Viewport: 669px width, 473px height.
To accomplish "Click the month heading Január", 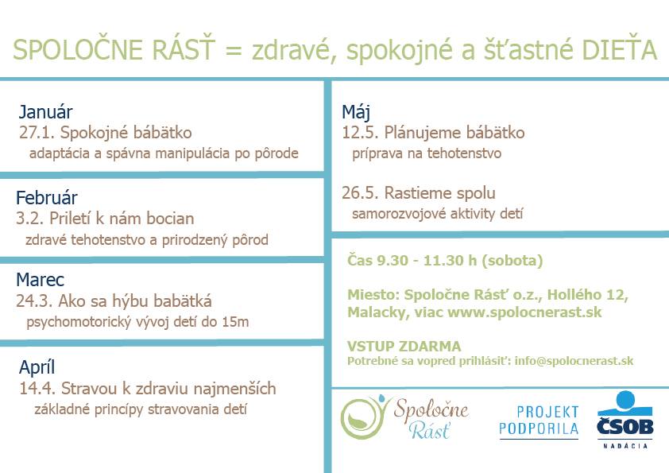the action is pyautogui.click(x=45, y=112).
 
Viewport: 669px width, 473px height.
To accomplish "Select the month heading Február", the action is pyautogui.click(x=47, y=198).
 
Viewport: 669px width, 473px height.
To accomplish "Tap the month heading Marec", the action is pyautogui.click(x=40, y=280).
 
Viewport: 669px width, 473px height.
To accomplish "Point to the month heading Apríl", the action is pyautogui.click(x=37, y=367).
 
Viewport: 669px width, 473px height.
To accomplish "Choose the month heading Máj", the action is pyautogui.click(x=355, y=113).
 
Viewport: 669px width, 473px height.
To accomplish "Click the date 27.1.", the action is pyautogui.click(x=37, y=133).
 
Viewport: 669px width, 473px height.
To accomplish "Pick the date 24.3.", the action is pyautogui.click(x=34, y=301).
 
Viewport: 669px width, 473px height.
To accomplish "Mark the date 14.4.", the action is pyautogui.click(x=37, y=389).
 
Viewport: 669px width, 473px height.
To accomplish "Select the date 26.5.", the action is pyautogui.click(x=360, y=193).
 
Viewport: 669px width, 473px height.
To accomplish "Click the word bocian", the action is pyautogui.click(x=170, y=219).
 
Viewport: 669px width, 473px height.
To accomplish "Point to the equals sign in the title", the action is pyautogui.click(x=234, y=51).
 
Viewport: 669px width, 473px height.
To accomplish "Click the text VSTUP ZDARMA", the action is pyautogui.click(x=404, y=346).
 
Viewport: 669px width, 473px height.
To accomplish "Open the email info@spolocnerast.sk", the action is pyautogui.click(x=574, y=361).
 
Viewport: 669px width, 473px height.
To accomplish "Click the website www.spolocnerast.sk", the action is pyautogui.click(x=524, y=312).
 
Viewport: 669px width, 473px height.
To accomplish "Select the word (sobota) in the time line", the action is pyautogui.click(x=512, y=261).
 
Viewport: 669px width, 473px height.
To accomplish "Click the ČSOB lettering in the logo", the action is pyautogui.click(x=625, y=426).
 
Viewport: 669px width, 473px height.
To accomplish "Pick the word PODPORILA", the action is pyautogui.click(x=539, y=428).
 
